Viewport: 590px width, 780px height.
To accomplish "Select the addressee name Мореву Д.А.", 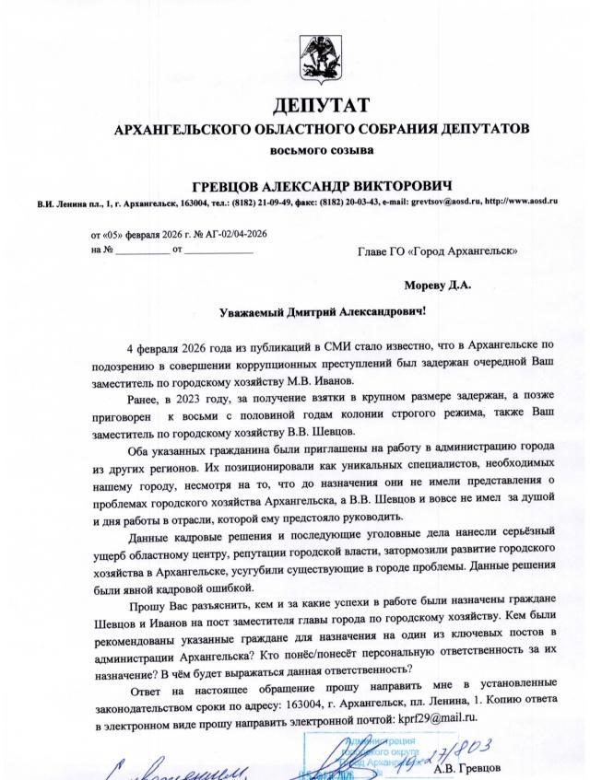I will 437,285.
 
